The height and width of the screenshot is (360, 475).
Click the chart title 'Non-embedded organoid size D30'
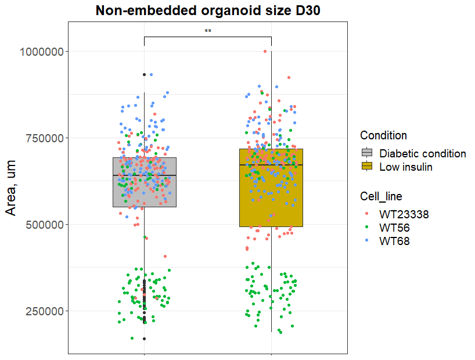(208, 10)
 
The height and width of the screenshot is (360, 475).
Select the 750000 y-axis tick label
(45, 138)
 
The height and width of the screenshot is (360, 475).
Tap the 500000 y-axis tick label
(45, 225)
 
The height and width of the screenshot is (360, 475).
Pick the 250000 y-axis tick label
(45, 311)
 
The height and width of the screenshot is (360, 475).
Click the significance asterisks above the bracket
(208, 31)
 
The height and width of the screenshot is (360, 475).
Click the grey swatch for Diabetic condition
(367, 153)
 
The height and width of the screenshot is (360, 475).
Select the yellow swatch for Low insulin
(367, 167)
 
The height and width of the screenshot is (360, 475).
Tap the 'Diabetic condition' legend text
(423, 154)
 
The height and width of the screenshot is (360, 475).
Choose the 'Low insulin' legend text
(406, 167)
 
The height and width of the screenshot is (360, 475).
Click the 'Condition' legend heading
(383, 136)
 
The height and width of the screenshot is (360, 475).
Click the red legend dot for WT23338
(367, 214)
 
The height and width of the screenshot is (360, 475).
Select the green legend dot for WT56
(367, 228)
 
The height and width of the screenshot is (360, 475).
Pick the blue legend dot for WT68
(367, 241)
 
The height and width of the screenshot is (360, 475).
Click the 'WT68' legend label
(394, 241)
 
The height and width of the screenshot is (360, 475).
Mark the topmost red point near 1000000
(265, 51)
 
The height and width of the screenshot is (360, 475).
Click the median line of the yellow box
(271, 165)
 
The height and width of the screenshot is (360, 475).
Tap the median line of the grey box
(144, 175)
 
